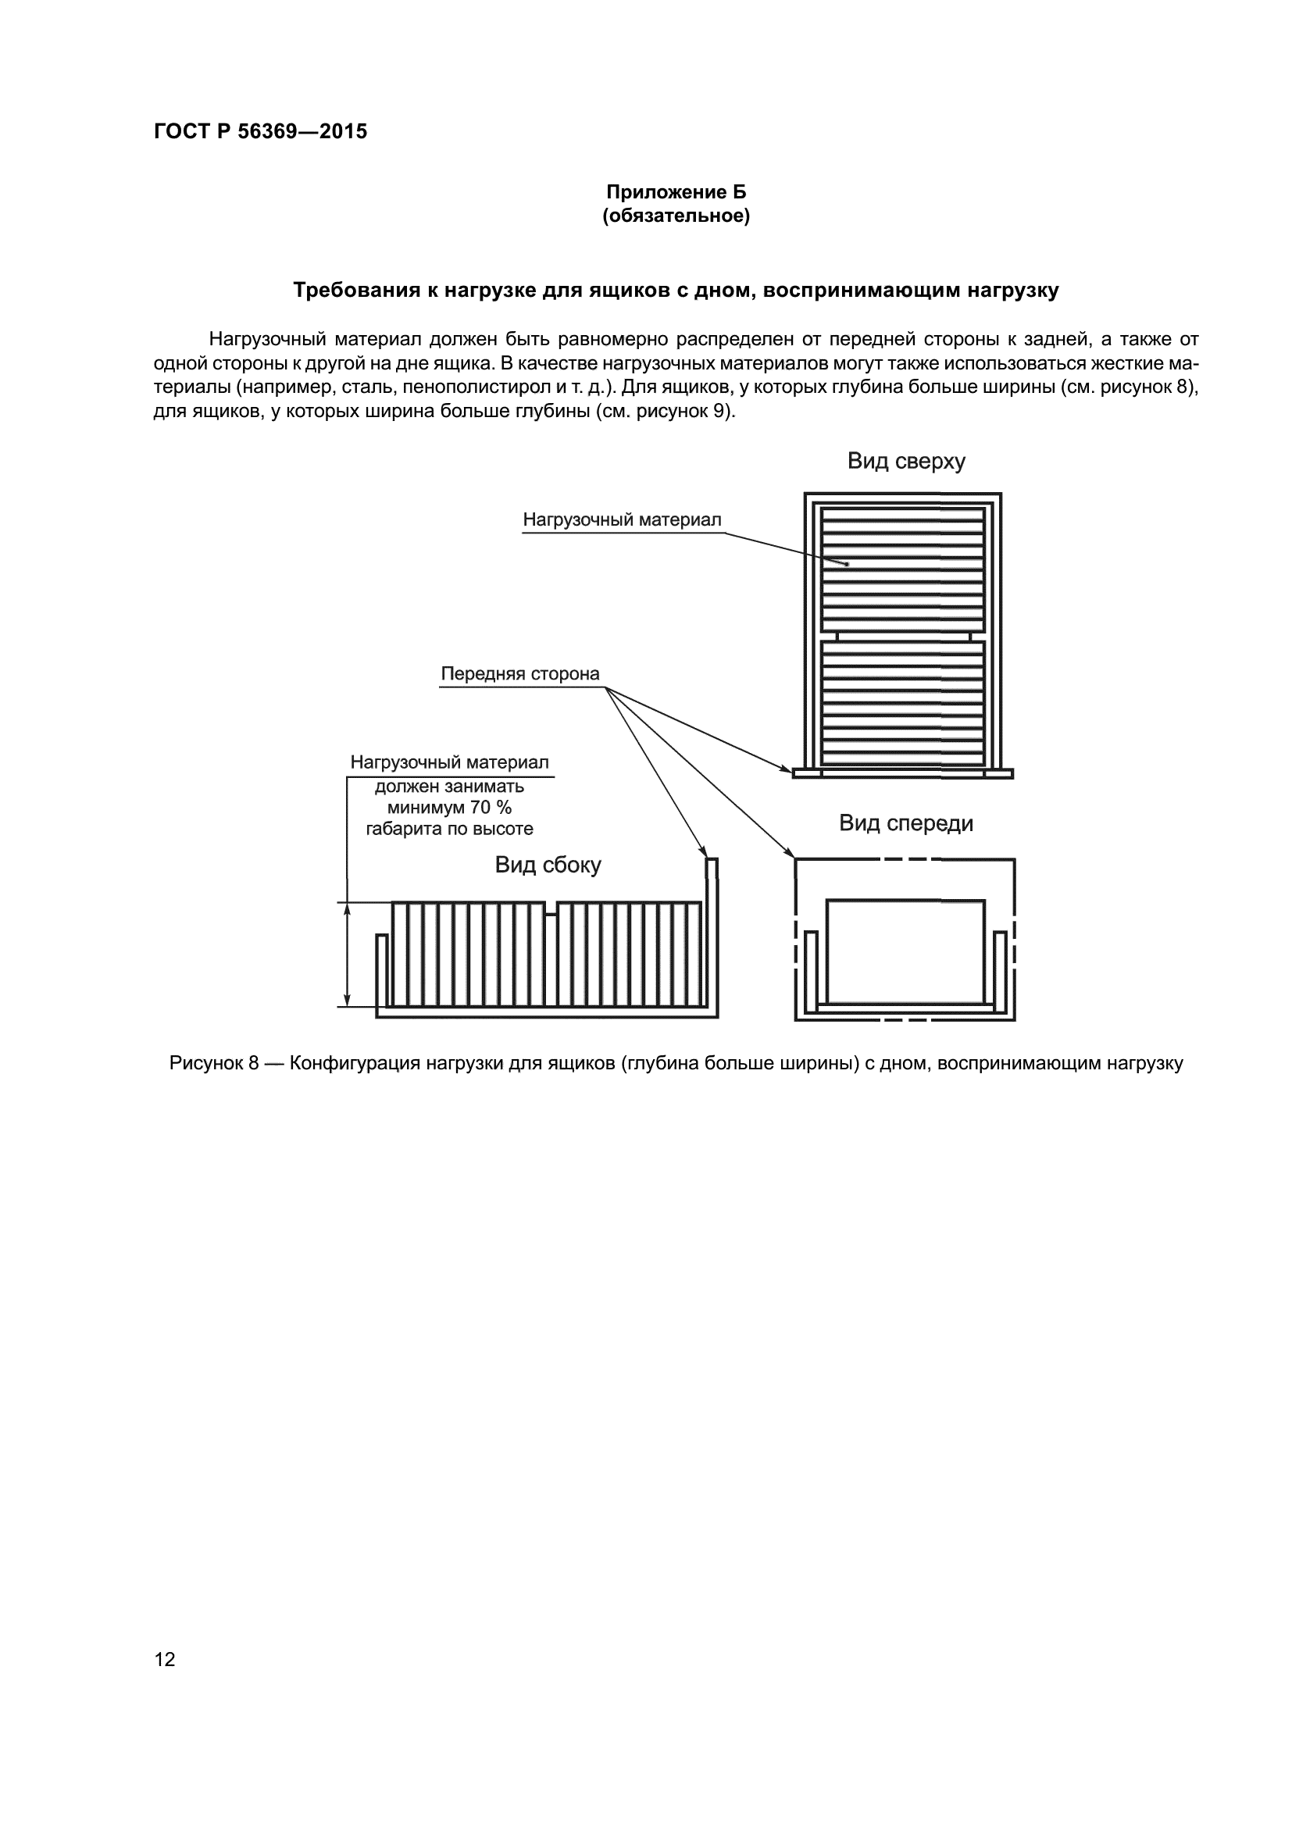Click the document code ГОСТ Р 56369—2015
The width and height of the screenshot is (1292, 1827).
260,131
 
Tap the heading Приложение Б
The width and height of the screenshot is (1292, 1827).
676,193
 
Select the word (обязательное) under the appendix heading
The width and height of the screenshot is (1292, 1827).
676,216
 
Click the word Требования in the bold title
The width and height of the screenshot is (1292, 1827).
354,291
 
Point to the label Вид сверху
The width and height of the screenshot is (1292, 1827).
905,462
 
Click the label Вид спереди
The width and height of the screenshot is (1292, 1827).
905,823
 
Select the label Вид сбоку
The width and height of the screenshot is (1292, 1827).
548,865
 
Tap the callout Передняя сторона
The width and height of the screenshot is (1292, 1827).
519,674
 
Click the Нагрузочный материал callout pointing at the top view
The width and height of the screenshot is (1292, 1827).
621,519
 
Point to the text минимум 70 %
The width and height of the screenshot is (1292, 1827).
449,808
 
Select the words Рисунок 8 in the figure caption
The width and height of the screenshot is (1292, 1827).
214,1064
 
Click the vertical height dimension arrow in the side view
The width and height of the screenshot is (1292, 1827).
347,954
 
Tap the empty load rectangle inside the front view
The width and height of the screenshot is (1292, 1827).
905,951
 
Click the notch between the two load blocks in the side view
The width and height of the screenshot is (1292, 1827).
551,908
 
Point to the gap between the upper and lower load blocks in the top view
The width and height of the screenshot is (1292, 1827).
904,637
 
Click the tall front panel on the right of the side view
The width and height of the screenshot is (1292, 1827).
712,931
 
